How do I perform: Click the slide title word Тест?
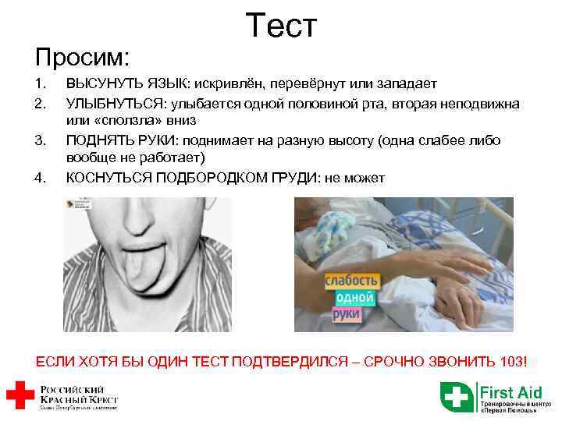(281, 26)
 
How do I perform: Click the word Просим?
(82, 56)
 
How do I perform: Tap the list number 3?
(40, 140)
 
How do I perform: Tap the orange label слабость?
(352, 281)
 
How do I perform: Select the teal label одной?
(355, 298)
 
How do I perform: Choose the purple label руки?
(346, 314)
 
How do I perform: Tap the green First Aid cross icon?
(457, 396)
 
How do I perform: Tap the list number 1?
(40, 84)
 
